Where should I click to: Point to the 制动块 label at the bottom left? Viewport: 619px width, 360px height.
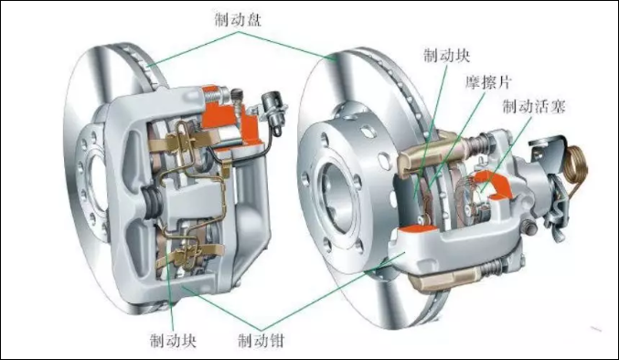[x=174, y=342]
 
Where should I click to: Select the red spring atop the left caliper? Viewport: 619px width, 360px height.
[x=214, y=91]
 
